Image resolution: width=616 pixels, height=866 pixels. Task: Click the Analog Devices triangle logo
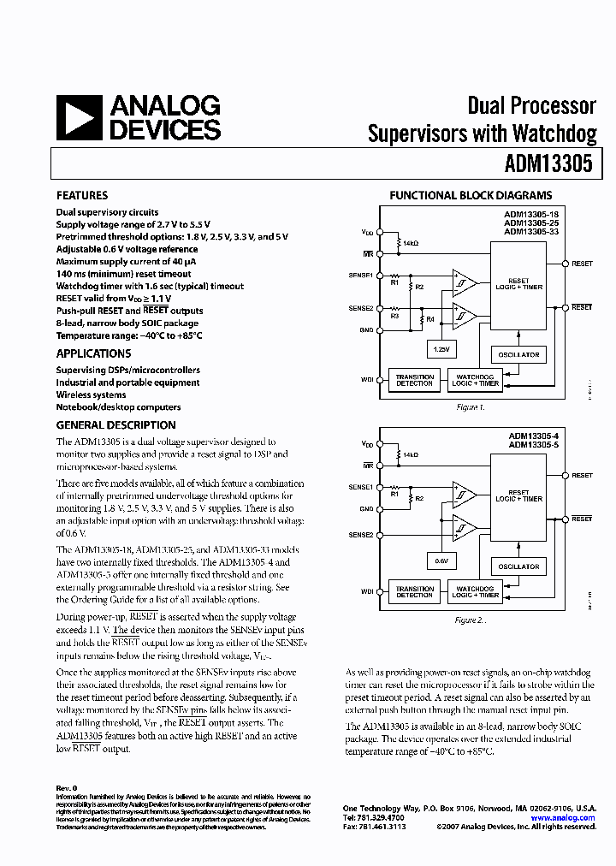80,118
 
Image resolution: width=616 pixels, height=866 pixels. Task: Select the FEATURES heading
82,195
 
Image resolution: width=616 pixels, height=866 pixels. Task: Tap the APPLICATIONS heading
94,353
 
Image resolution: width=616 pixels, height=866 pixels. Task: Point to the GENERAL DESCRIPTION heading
116,425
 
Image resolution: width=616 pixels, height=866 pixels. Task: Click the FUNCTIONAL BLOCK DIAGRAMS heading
471,195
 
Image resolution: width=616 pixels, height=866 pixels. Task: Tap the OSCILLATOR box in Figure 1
518,354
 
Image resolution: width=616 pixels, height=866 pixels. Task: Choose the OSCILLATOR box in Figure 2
518,566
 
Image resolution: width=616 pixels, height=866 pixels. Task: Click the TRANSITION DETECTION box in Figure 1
415,380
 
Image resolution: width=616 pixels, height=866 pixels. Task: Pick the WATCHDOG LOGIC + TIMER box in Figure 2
475,590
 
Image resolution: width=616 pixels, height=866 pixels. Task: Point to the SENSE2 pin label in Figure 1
360,308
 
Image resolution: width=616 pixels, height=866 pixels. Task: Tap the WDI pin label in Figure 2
367,590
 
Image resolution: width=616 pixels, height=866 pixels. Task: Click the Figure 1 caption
470,407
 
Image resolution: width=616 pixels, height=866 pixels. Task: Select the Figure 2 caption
470,619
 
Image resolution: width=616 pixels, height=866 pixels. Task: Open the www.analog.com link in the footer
563,818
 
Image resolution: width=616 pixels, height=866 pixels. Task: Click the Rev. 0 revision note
67,787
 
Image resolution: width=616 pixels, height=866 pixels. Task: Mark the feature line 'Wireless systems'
91,395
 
